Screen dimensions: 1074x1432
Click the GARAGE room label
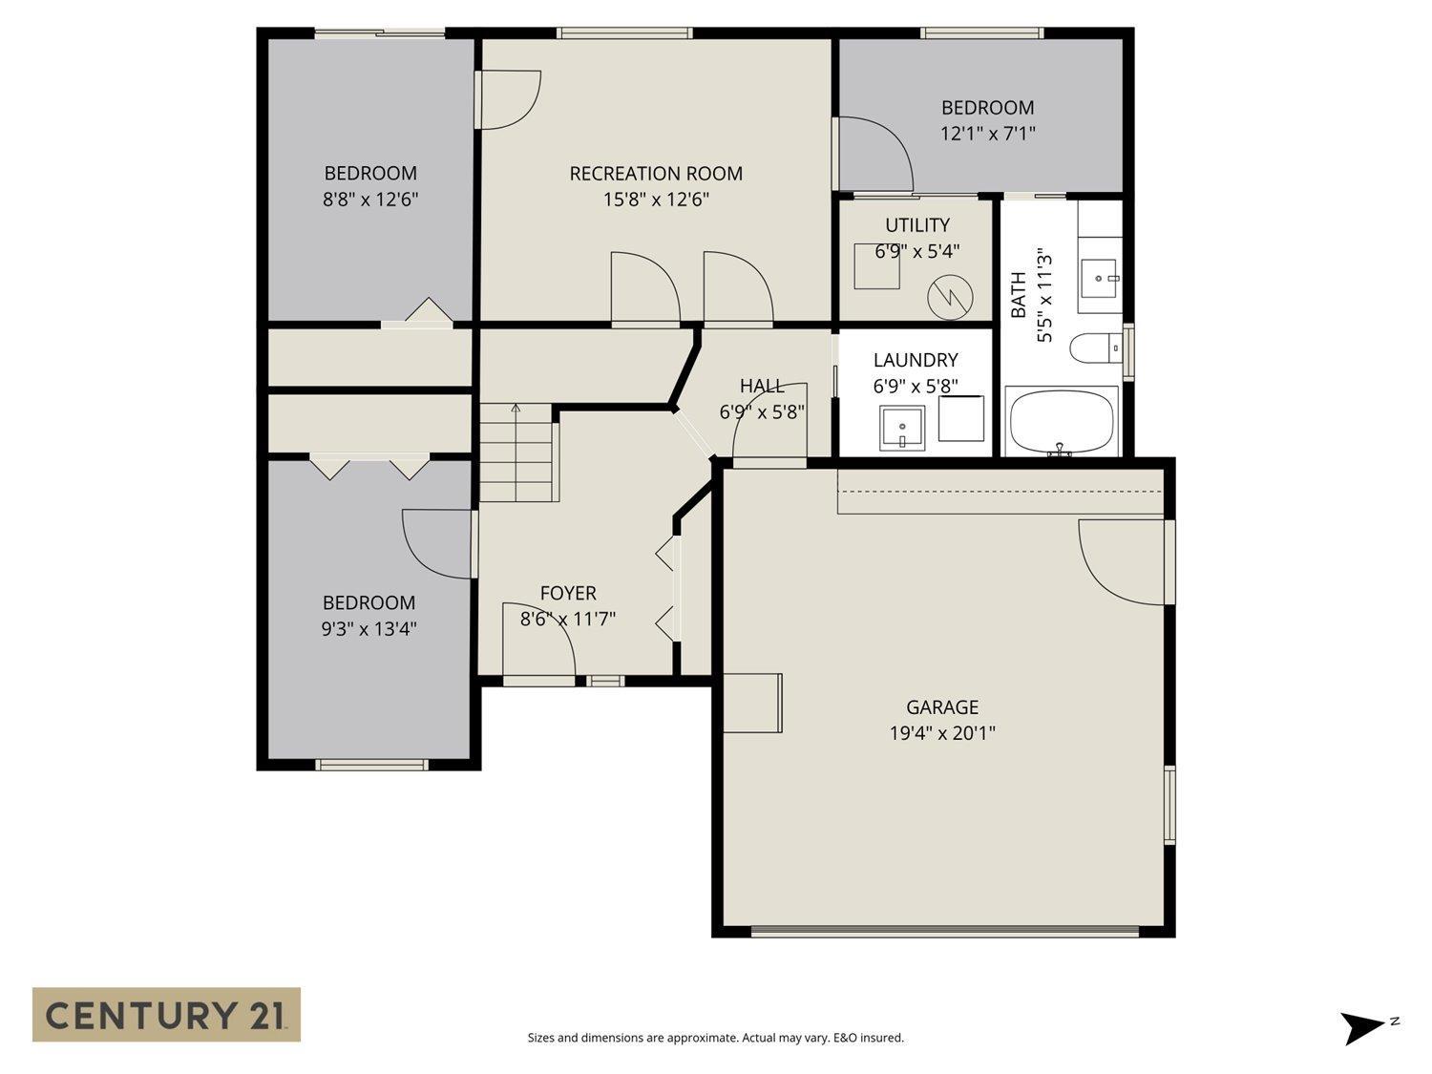(x=941, y=707)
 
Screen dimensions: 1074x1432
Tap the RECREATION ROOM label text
(x=656, y=174)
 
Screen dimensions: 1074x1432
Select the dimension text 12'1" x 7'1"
(x=987, y=134)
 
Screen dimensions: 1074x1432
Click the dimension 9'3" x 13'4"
(x=369, y=629)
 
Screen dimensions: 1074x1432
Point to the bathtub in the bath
(x=1061, y=421)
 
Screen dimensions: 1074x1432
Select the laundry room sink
(x=901, y=428)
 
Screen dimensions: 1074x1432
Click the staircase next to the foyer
(x=516, y=453)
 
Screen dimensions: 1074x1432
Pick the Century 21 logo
(x=166, y=1014)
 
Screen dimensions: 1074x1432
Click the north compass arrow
(x=1362, y=1027)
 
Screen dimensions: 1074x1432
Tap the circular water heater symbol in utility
(x=948, y=295)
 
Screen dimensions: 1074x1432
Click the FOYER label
(x=568, y=594)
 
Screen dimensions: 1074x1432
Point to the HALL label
(x=762, y=386)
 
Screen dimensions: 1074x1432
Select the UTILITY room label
(x=916, y=225)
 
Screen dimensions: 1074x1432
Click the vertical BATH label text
(x=1019, y=295)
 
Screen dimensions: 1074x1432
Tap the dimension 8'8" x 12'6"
(x=370, y=200)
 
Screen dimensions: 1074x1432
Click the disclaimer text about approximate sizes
(x=715, y=1038)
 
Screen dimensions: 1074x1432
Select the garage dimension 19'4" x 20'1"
(x=941, y=734)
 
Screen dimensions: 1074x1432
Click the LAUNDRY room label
(x=915, y=360)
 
